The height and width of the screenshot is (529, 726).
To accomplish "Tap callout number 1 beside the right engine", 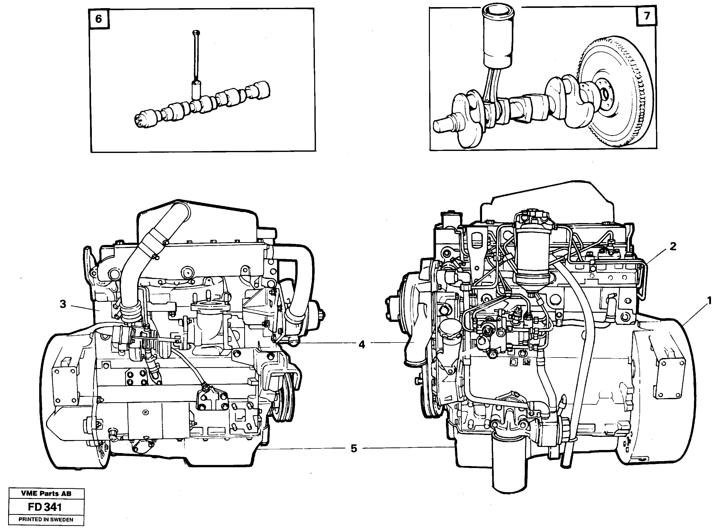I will pyautogui.click(x=709, y=301).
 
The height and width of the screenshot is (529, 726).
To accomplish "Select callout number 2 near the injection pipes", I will pyautogui.click(x=673, y=246).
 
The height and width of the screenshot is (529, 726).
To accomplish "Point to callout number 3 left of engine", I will pyautogui.click(x=63, y=304).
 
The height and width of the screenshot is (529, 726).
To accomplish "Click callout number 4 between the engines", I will pyautogui.click(x=361, y=345).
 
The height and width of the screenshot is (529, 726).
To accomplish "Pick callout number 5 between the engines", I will pyautogui.click(x=354, y=449).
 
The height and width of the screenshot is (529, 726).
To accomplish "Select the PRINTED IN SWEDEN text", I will pyautogui.click(x=46, y=520).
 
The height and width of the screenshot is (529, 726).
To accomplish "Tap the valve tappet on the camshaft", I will pyautogui.click(x=196, y=90).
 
